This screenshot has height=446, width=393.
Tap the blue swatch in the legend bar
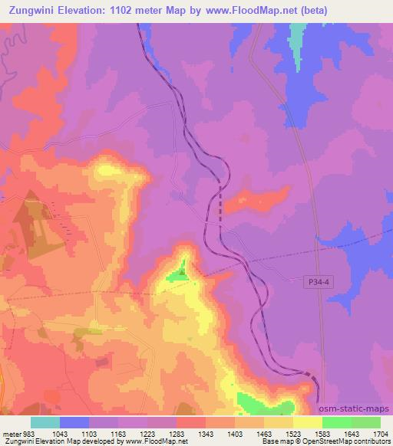(74, 422)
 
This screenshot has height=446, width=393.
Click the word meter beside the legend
(11, 433)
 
